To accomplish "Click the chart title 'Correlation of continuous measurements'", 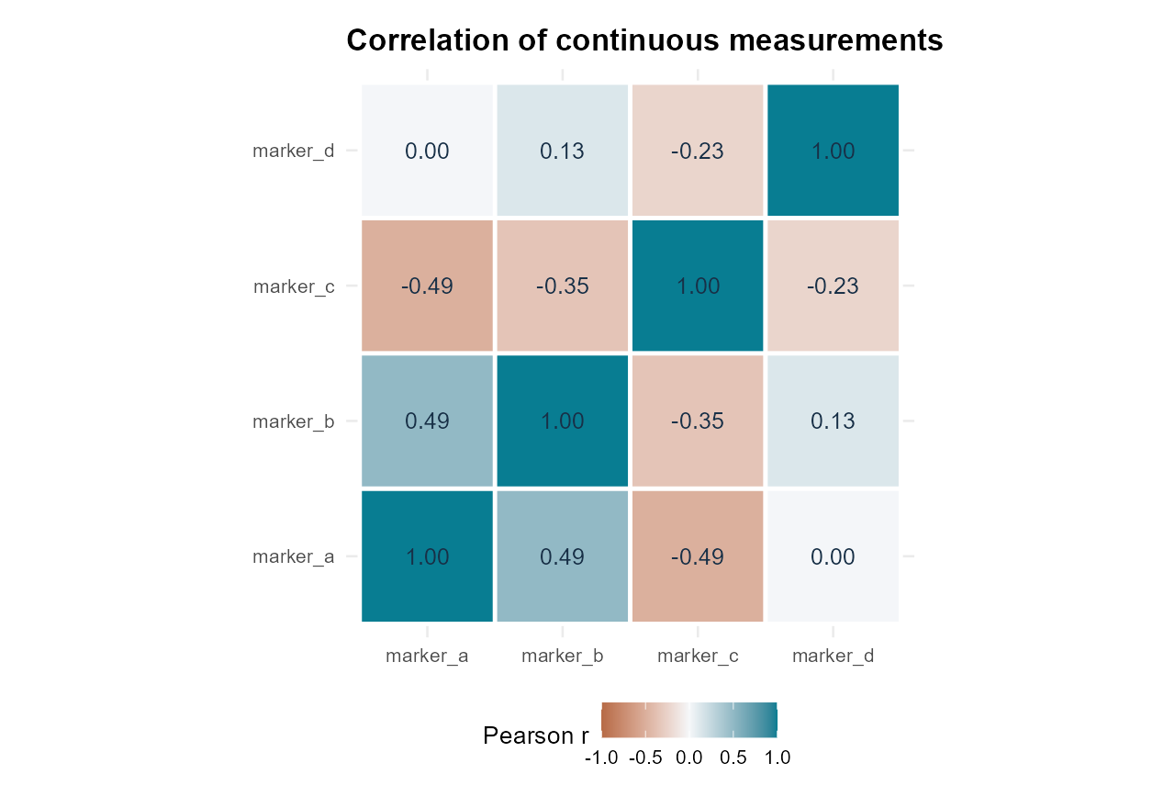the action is click(x=644, y=40).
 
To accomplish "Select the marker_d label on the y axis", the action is click(x=293, y=151).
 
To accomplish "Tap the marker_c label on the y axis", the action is click(x=294, y=286).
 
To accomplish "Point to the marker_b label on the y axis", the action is click(x=293, y=421).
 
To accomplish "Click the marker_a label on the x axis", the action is click(x=427, y=656).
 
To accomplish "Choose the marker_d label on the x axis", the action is click(x=833, y=656).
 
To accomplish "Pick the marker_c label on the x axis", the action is click(x=698, y=656).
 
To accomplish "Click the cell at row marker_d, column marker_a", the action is click(x=427, y=150).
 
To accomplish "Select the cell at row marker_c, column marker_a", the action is click(x=427, y=286).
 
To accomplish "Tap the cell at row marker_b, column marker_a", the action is click(x=427, y=421).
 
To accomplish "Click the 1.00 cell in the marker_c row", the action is click(x=698, y=286).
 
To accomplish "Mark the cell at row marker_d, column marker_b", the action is click(x=563, y=150).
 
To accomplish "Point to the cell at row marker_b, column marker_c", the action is click(x=698, y=421).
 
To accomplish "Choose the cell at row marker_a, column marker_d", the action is click(x=833, y=556).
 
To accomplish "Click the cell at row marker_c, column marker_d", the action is click(x=833, y=286).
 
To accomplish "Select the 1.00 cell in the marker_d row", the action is click(x=833, y=150).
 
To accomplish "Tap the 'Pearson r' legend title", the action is click(x=535, y=735).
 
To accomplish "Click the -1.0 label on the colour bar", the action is click(x=601, y=758).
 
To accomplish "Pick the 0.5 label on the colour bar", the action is click(x=733, y=758).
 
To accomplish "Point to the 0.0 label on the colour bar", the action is click(x=688, y=758).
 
